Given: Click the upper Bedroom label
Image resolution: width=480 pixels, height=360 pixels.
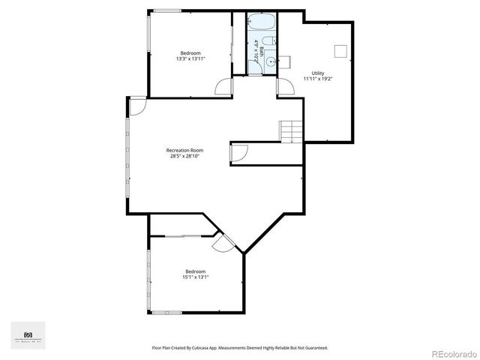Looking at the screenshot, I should (190, 52).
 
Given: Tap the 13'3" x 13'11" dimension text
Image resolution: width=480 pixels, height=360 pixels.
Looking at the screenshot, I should (190, 58).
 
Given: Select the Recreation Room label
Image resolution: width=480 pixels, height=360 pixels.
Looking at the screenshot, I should (184, 150).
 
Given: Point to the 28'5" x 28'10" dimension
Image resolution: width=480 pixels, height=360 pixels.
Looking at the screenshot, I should (184, 156).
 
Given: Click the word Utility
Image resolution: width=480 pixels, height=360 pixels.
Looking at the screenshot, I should (318, 73).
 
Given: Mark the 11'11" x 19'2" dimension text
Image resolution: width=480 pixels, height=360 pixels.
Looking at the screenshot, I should (318, 79).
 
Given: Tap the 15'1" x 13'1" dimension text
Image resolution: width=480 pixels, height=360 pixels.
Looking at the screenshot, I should (195, 277).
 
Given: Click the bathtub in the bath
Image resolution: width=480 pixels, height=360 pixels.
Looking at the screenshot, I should (262, 22).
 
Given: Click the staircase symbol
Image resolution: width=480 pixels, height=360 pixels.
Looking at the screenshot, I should (292, 131).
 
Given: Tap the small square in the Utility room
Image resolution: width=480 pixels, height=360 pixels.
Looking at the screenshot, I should (340, 51).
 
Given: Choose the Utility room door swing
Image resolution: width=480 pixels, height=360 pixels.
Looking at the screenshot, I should (285, 87).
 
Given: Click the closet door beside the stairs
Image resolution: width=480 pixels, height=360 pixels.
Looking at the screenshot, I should (239, 153).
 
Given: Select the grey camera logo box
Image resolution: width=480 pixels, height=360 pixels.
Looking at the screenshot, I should (28, 335).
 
